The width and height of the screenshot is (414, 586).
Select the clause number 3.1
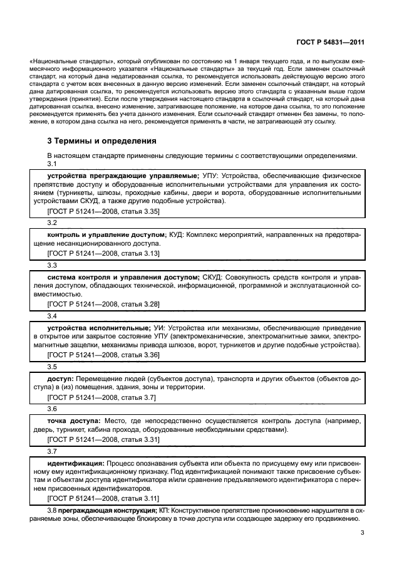[x=52, y=164]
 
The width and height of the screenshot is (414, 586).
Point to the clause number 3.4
[x=52, y=317]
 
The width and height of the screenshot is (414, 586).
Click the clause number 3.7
[x=52, y=451]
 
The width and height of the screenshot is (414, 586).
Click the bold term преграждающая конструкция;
[x=107, y=511]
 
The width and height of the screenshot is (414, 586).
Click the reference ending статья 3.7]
[x=101, y=397]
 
